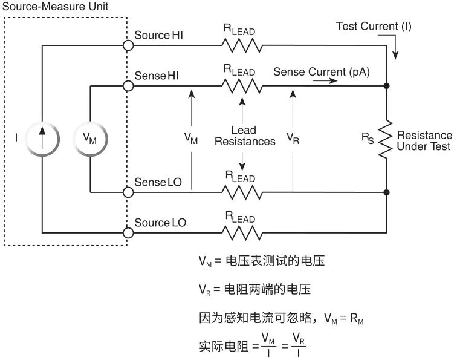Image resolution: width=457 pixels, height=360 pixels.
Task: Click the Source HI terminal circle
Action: point(128,45)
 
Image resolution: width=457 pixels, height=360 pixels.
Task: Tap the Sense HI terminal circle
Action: point(128,86)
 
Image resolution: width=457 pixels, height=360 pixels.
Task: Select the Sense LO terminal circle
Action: point(128,192)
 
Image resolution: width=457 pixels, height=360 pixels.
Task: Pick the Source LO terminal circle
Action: point(128,232)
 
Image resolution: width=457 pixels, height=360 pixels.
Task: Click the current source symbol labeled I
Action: point(42,139)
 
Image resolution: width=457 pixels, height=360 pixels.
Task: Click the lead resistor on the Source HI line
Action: point(241,46)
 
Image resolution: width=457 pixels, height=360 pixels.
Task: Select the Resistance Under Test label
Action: point(423,141)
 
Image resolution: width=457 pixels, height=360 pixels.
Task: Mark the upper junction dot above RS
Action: point(386,86)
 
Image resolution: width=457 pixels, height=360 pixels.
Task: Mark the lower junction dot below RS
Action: point(386,192)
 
